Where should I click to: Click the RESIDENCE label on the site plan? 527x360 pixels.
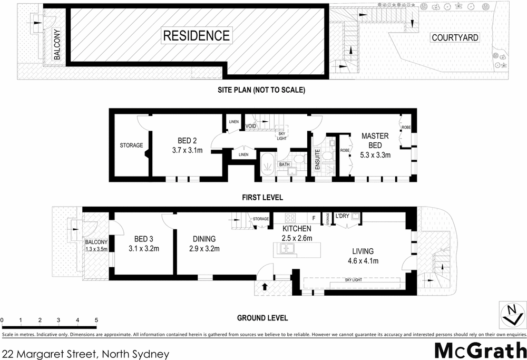196,36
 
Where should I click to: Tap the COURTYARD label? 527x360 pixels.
454,37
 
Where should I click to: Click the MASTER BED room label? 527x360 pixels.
375,140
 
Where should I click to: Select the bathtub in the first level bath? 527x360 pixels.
267,164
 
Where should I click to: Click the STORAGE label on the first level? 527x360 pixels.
131,145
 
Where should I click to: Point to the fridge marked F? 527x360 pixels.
314,218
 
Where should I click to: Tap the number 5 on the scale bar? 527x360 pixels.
96,320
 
